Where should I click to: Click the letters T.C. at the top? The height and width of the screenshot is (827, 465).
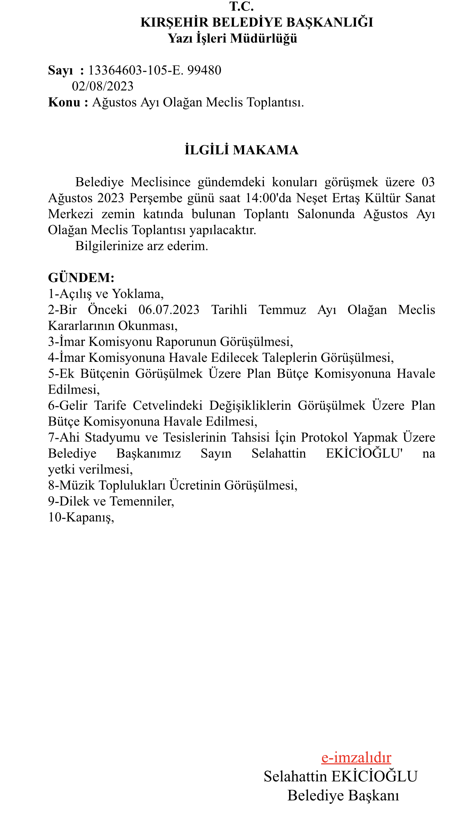pyautogui.click(x=241, y=6)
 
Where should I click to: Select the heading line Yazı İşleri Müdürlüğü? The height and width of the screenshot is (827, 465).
pyautogui.click(x=232, y=38)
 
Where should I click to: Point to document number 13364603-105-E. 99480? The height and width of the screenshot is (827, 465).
pyautogui.click(x=155, y=70)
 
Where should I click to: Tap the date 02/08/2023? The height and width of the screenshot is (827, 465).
pyautogui.click(x=103, y=86)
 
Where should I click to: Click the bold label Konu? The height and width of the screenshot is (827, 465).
pyautogui.click(x=64, y=102)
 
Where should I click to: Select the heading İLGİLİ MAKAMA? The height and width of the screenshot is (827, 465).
pyautogui.click(x=241, y=150)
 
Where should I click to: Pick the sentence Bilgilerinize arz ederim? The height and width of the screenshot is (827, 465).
pyautogui.click(x=142, y=246)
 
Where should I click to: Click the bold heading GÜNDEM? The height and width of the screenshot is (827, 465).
pyautogui.click(x=81, y=278)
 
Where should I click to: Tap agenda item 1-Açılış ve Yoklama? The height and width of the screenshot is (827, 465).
pyautogui.click(x=106, y=294)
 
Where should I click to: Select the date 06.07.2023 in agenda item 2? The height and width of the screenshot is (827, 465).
pyautogui.click(x=169, y=310)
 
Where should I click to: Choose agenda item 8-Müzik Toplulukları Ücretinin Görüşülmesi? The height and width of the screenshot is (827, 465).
pyautogui.click(x=173, y=485)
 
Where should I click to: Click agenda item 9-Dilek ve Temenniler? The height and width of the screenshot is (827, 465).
pyautogui.click(x=111, y=501)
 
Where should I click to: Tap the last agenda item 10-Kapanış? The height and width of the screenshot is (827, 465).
pyautogui.click(x=81, y=517)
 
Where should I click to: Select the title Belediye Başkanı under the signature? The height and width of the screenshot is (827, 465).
pyautogui.click(x=343, y=796)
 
